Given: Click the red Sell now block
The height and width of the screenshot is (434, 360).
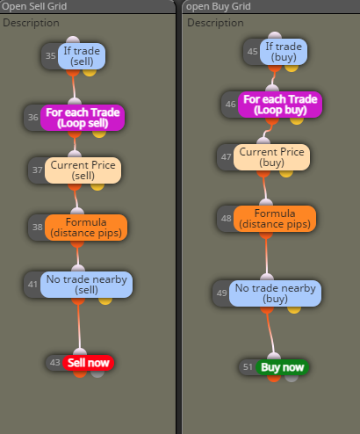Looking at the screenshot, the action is (x=88, y=363).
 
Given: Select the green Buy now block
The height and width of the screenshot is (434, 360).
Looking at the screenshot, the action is (x=282, y=367).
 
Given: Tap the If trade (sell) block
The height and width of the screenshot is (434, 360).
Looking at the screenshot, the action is (x=82, y=56).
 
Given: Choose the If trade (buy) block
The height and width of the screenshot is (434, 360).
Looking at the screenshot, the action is (x=284, y=52).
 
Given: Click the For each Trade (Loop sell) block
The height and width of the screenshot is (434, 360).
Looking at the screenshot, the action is (x=83, y=118).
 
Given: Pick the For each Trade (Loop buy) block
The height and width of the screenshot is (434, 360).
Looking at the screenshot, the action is (x=280, y=105).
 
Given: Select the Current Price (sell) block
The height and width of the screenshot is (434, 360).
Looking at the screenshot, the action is (x=83, y=170).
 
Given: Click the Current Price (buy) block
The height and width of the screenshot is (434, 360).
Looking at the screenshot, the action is (x=271, y=157).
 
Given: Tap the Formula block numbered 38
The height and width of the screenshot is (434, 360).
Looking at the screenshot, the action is (x=86, y=228).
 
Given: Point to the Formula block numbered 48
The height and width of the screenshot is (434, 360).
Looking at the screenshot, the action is (x=275, y=219).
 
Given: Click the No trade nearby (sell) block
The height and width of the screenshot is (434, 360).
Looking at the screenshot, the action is (x=86, y=285).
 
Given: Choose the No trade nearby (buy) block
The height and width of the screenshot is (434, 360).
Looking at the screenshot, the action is (x=275, y=293).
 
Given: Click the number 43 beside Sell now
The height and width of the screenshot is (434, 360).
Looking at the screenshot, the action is (x=54, y=363).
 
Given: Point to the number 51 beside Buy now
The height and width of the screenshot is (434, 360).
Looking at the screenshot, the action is (x=248, y=367).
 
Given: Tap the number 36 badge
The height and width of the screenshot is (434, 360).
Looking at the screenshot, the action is (x=33, y=118).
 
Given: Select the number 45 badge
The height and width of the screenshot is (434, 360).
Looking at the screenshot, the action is (x=252, y=52).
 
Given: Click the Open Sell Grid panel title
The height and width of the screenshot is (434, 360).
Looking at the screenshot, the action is (x=34, y=6).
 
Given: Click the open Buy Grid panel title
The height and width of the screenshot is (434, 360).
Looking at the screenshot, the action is (x=219, y=6).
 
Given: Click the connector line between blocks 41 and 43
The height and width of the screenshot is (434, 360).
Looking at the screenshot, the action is (x=79, y=326).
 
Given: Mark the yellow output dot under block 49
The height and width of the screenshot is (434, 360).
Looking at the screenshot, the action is (x=294, y=309).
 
